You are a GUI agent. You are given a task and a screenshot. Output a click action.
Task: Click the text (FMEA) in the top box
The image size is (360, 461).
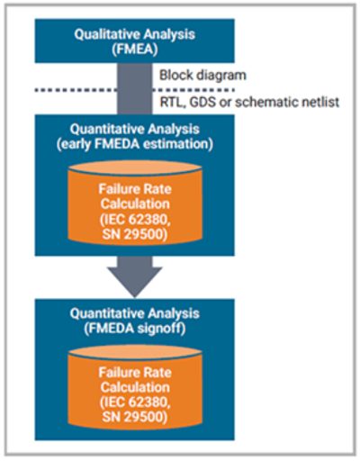(x=135, y=50)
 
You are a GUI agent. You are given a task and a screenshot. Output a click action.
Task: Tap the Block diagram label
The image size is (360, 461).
(x=202, y=75)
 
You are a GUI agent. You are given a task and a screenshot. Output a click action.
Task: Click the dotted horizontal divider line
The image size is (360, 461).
(x=135, y=90)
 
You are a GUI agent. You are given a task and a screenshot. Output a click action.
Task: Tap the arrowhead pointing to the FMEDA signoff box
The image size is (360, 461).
(x=135, y=281)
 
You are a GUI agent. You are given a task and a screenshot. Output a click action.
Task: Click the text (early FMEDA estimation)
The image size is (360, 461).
(x=135, y=144)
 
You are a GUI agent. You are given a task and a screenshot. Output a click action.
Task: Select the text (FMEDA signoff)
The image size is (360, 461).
(x=135, y=329)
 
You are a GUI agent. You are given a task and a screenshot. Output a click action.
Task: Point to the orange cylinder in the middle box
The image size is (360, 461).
(x=135, y=203)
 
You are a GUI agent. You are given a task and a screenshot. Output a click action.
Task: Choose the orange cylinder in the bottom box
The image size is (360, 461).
(x=135, y=387)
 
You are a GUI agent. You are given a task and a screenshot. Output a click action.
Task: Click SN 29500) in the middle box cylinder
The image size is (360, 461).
(x=135, y=234)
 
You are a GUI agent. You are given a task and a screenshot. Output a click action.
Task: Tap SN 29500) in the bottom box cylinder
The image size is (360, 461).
(x=135, y=418)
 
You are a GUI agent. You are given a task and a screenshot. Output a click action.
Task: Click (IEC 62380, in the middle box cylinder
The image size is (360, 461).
(x=135, y=220)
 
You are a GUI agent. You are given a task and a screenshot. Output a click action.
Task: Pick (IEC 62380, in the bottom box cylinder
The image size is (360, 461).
(x=135, y=402)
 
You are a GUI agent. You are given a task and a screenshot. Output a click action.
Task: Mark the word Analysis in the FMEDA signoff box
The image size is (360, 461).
(x=174, y=313)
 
